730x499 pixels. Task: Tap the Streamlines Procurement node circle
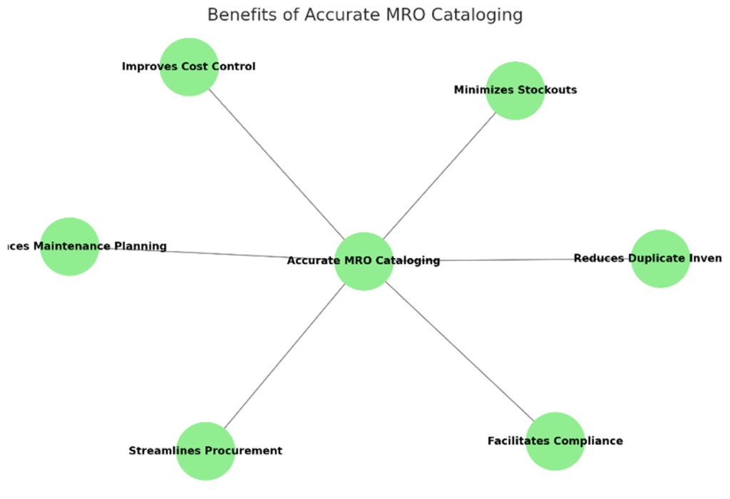(x=205, y=467)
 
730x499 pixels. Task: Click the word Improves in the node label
(x=146, y=67)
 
